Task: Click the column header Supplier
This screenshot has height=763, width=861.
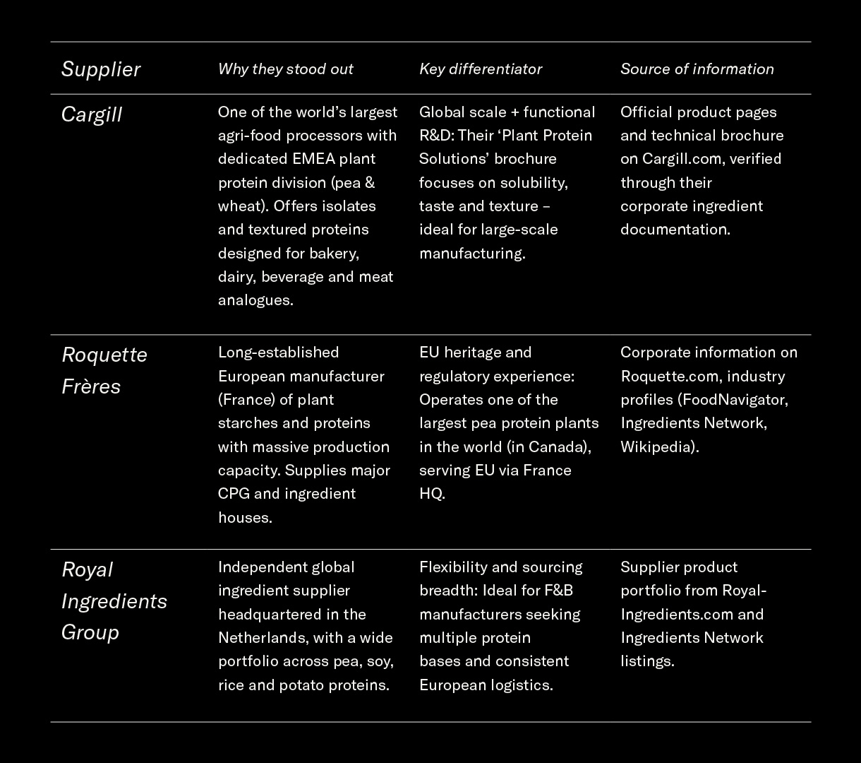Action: coord(101,69)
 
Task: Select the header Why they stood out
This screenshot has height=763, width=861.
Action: coord(285,69)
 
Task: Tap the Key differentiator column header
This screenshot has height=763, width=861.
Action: coord(481,69)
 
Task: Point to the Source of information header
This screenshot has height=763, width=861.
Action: coord(697,69)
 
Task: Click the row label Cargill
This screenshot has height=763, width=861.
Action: coord(92,114)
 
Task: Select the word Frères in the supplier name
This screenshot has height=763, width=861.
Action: coord(91,386)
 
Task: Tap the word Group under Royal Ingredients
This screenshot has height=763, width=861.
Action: coord(90,631)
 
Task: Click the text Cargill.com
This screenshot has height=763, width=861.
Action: coord(682,158)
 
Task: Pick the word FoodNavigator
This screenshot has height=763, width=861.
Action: coord(733,399)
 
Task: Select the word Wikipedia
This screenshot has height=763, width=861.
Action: coord(658,446)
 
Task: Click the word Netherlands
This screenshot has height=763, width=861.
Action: coord(262,637)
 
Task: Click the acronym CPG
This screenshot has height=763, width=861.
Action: coord(233,493)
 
